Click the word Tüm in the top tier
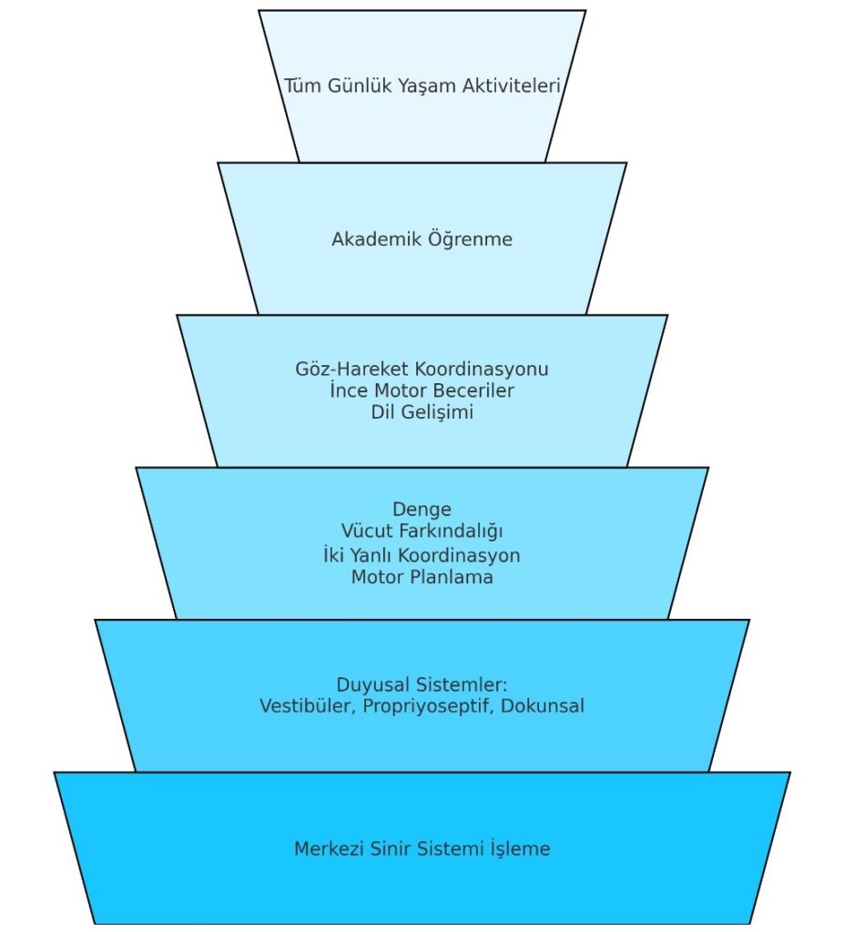click(x=302, y=86)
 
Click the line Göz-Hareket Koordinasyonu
click(x=422, y=370)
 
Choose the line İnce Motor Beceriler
click(x=422, y=390)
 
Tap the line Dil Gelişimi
click(x=422, y=412)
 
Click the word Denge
click(x=422, y=509)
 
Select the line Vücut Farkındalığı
click(x=422, y=531)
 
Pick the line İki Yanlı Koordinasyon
click(x=422, y=554)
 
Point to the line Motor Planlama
click(x=422, y=577)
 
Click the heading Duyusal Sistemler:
click(x=422, y=684)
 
